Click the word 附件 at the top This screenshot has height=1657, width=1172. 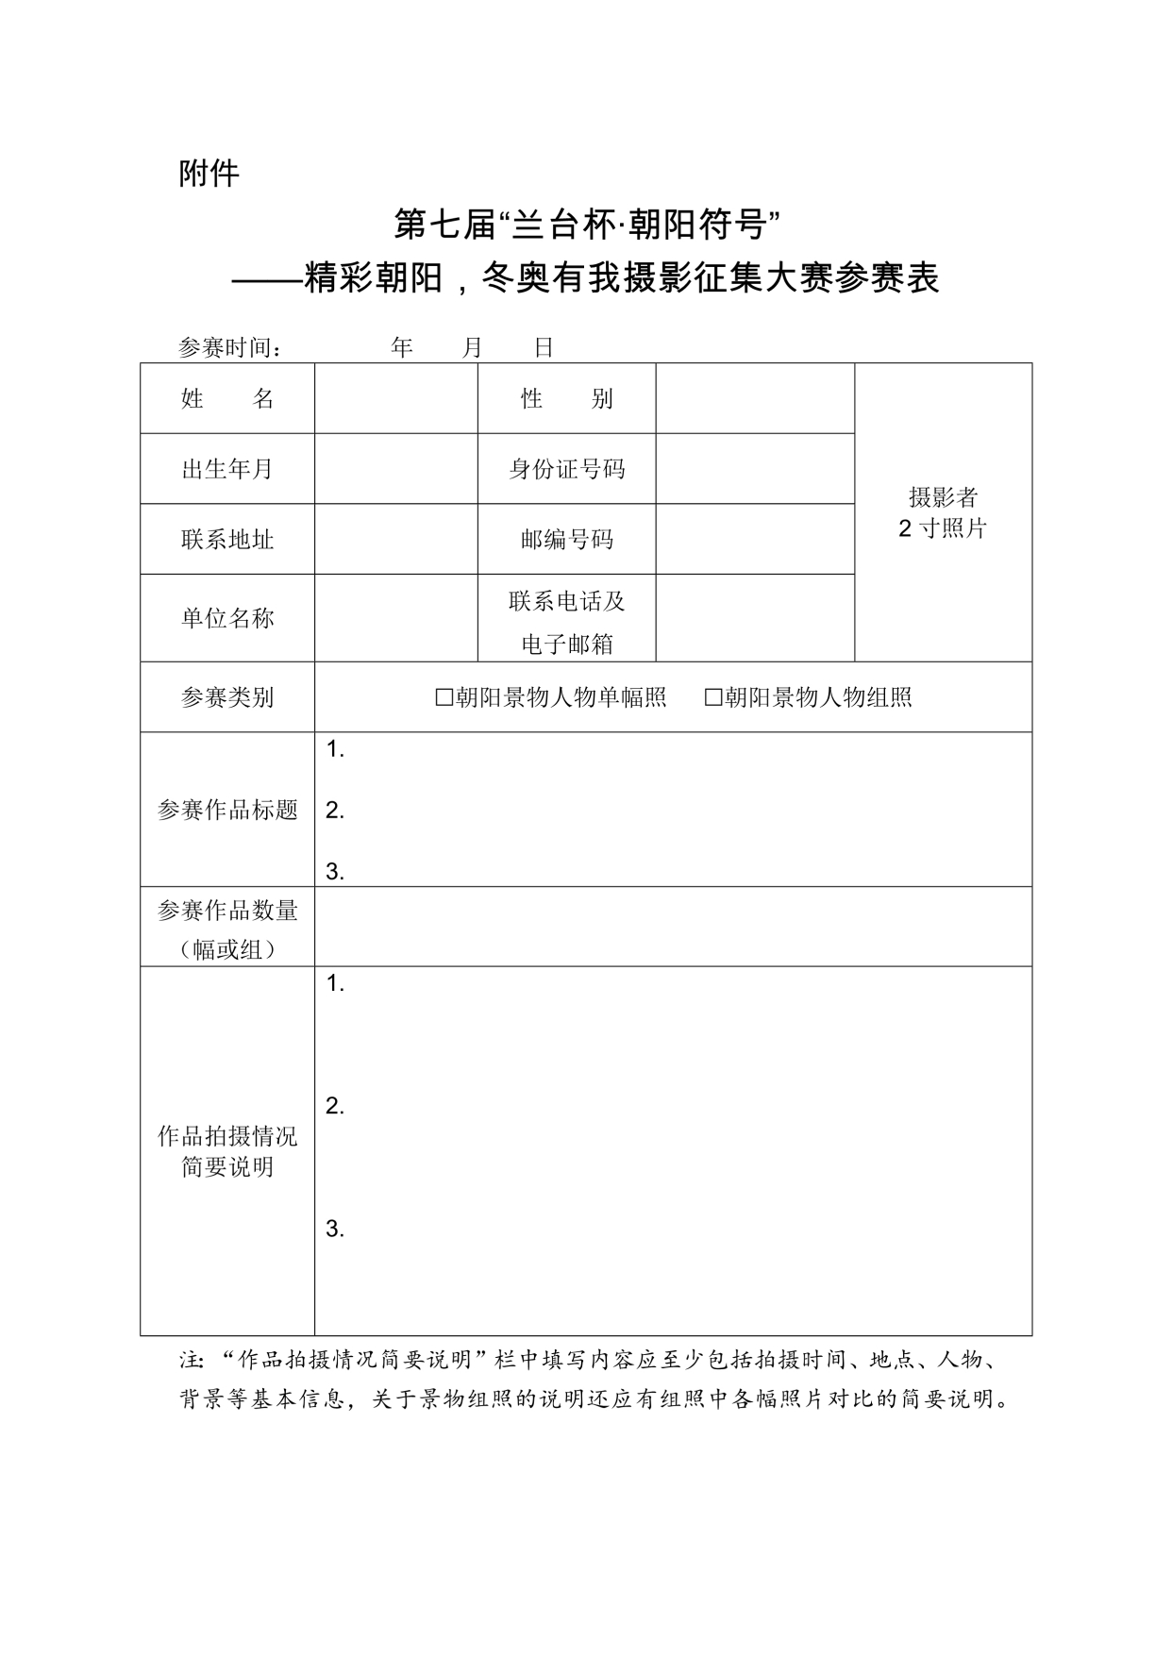tap(209, 174)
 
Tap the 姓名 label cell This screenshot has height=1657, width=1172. tap(226, 399)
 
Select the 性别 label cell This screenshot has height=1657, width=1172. tap(566, 399)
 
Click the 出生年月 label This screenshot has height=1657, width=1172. tap(226, 469)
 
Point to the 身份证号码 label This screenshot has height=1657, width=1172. tap(566, 469)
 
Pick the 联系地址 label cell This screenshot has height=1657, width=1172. tap(226, 539)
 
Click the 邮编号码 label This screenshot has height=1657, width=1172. tap(566, 539)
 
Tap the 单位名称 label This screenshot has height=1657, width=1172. tap(226, 618)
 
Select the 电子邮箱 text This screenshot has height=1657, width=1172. tap(566, 644)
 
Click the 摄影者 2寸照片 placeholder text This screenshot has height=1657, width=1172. tap(942, 512)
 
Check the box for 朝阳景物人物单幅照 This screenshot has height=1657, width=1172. tap(444, 697)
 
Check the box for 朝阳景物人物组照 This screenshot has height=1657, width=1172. tap(713, 697)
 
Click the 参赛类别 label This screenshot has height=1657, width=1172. tap(226, 697)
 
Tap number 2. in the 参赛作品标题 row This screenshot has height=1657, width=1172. tap(334, 811)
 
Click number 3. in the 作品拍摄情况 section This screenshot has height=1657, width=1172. tap(334, 1229)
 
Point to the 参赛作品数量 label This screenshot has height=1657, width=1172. tap(226, 911)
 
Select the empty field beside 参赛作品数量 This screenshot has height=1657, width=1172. tap(672, 927)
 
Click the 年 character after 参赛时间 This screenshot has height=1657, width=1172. tap(402, 348)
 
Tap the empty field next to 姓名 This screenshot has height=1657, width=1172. tap(395, 399)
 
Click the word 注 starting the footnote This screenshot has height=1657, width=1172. tap(190, 1361)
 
